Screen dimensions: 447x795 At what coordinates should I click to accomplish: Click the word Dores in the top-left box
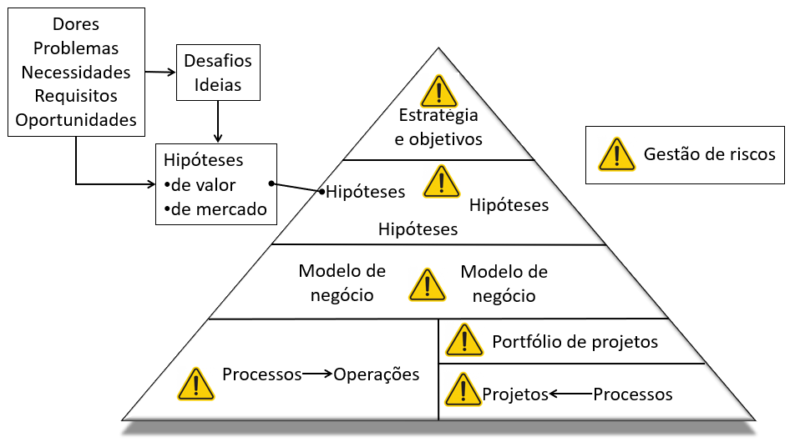75,24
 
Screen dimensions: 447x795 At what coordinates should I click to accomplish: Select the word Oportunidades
75,120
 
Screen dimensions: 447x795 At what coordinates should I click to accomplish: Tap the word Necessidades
75,73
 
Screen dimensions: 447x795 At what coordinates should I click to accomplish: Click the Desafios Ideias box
217,73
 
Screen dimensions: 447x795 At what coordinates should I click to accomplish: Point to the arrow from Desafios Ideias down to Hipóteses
218,121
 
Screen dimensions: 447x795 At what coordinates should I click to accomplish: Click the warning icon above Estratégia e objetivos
439,91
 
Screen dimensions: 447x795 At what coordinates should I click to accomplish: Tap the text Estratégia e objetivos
438,127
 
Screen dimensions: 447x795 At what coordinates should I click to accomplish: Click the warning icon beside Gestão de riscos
616,154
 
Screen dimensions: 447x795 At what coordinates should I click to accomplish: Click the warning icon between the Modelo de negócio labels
427,284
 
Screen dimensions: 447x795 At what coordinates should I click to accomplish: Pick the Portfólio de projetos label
575,342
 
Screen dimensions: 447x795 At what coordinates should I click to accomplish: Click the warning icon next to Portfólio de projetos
463,340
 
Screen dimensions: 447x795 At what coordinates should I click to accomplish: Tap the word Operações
377,374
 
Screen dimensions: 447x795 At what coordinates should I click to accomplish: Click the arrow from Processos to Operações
317,374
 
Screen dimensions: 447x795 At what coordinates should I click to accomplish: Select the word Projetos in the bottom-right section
515,394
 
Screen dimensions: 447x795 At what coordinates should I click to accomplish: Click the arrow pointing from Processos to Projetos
570,394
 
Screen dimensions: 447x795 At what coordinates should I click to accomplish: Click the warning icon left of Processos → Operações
195,384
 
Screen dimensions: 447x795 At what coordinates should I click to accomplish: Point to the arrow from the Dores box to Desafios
160,73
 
